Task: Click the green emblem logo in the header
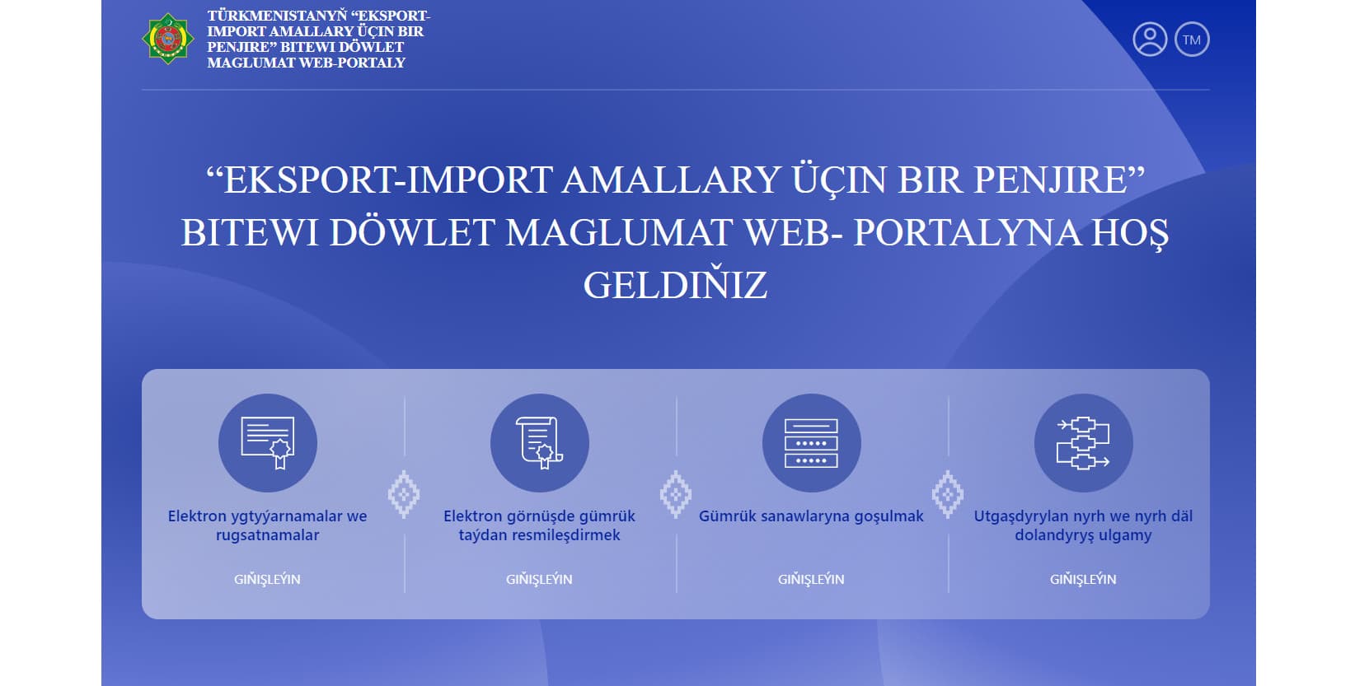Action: pyautogui.click(x=168, y=39)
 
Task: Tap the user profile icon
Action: pyautogui.click(x=1150, y=40)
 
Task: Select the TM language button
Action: pyautogui.click(x=1192, y=40)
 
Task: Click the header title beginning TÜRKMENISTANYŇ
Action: pyautogui.click(x=318, y=39)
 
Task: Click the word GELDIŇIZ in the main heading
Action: pyautogui.click(x=675, y=285)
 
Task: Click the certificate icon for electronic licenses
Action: pyautogui.click(x=268, y=443)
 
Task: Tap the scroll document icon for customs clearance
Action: pyautogui.click(x=540, y=443)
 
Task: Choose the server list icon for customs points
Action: pyautogui.click(x=812, y=443)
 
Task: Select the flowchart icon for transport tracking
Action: pyautogui.click(x=1084, y=443)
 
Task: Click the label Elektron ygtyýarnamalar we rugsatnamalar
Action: pyautogui.click(x=268, y=525)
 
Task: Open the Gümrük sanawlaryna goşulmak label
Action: pyautogui.click(x=811, y=516)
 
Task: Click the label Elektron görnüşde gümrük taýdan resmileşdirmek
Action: pyautogui.click(x=540, y=525)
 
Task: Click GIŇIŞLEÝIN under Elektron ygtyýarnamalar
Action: pyautogui.click(x=268, y=579)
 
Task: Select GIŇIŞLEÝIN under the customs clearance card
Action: pyautogui.click(x=540, y=579)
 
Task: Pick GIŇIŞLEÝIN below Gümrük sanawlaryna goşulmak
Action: pyautogui.click(x=812, y=579)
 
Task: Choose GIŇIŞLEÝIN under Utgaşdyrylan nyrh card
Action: pyautogui.click(x=1084, y=579)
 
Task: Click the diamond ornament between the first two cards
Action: pyautogui.click(x=404, y=494)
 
